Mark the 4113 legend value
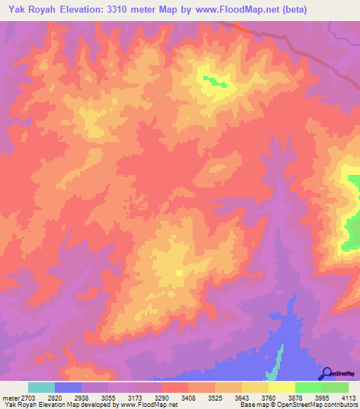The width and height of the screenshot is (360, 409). click(x=349, y=398)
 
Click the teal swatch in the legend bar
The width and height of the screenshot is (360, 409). click(x=41, y=387)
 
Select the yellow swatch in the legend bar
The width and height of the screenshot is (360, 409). click(x=282, y=387)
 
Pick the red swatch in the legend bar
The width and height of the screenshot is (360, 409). click(x=174, y=387)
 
